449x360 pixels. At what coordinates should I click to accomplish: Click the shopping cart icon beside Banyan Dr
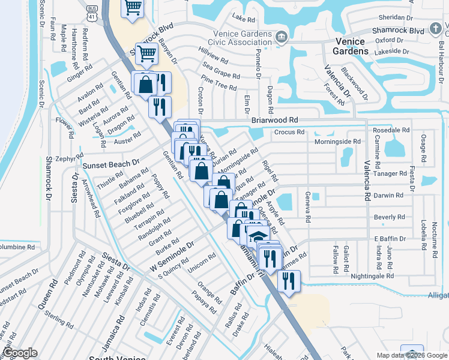click(146, 54)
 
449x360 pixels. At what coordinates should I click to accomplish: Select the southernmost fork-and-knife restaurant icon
click(289, 280)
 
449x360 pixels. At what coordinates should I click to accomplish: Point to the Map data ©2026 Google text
click(412, 355)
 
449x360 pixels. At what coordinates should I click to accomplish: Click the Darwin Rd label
click(388, 195)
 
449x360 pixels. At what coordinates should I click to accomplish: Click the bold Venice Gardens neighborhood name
click(351, 46)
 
